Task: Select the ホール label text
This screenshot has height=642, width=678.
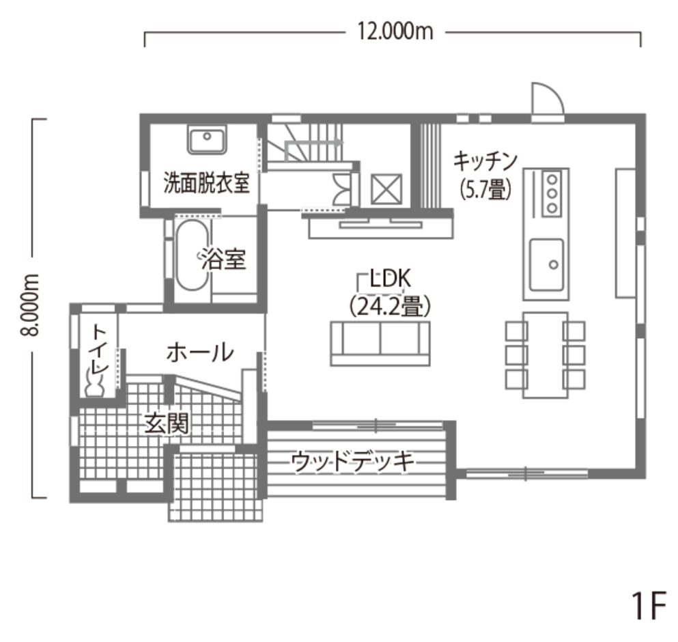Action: point(199,353)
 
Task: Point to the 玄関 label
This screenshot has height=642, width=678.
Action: point(165,423)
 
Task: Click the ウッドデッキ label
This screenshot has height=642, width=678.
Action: point(352,462)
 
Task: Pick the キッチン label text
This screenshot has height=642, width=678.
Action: point(485,161)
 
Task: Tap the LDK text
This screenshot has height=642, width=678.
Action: point(389,279)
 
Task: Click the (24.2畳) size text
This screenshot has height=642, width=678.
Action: point(389,306)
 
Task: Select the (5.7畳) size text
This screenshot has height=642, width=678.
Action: point(485,189)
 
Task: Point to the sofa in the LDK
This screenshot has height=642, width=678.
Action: point(380,344)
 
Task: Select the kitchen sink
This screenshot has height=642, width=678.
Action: point(546,264)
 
